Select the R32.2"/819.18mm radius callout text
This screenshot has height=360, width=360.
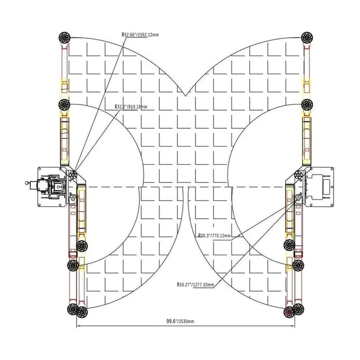point(131,106)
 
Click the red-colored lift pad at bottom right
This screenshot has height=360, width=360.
point(290,312)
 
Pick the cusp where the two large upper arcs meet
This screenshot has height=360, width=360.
point(185,97)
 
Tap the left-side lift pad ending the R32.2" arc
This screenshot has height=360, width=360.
point(64,104)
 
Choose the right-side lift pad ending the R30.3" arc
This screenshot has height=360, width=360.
point(289,246)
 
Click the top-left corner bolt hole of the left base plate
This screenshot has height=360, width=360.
point(41,170)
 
